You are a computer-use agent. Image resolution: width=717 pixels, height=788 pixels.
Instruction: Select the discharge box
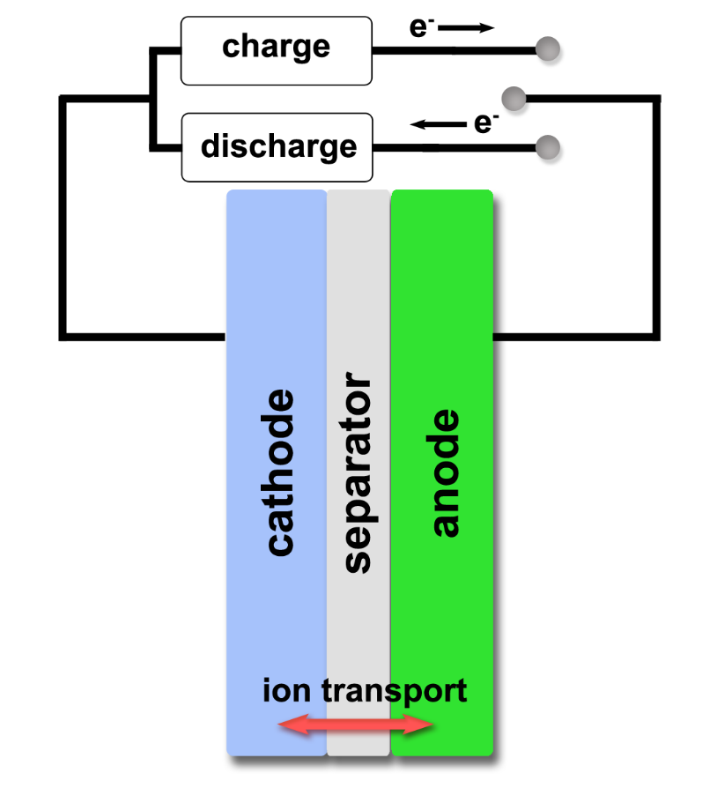pyautogui.click(x=276, y=146)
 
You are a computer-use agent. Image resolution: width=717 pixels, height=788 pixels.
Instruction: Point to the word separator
pyautogui.click(x=356, y=476)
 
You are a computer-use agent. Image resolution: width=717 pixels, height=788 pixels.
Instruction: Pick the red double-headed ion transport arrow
pyautogui.click(x=355, y=725)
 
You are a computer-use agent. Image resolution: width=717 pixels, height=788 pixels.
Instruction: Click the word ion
pyautogui.click(x=287, y=690)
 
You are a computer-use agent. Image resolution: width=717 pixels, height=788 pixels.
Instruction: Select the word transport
pyautogui.click(x=394, y=692)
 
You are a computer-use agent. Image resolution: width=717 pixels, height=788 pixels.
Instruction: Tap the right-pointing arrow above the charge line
pyautogui.click(x=467, y=28)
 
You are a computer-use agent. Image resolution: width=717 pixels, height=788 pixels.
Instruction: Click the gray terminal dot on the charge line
pyautogui.click(x=548, y=49)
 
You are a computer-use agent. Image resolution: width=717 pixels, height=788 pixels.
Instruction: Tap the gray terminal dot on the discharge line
pyautogui.click(x=548, y=146)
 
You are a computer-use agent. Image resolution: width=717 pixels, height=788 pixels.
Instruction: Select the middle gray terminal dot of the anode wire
pyautogui.click(x=513, y=97)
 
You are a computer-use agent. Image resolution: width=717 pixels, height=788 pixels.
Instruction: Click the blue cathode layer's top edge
pyautogui.click(x=276, y=192)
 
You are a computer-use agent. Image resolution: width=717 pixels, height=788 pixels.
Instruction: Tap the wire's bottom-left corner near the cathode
pyautogui.click(x=63, y=336)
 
